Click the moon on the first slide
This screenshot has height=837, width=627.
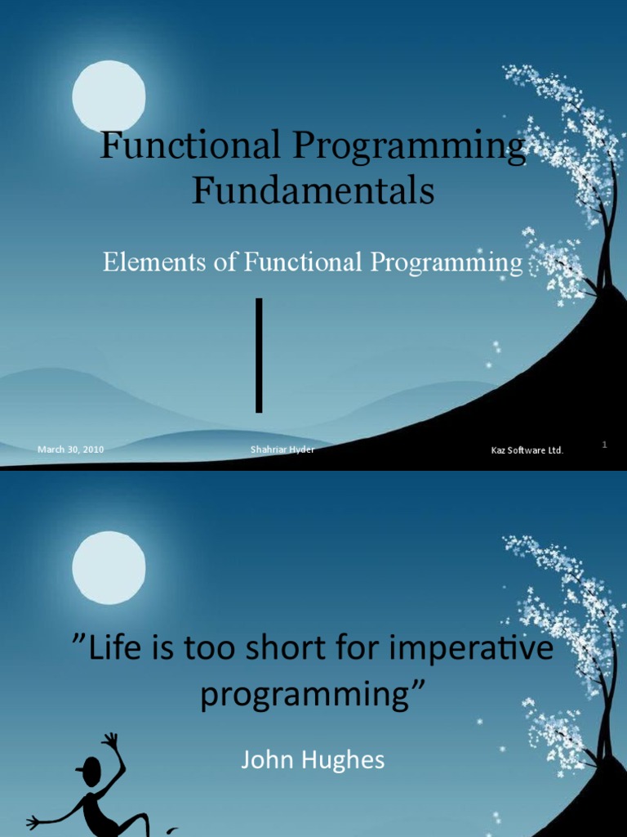tap(109, 96)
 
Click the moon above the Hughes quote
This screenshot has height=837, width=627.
tap(109, 567)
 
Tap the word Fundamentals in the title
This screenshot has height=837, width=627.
tap(313, 191)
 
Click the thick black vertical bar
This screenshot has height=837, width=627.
tap(259, 355)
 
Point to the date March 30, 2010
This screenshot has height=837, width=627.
tap(70, 449)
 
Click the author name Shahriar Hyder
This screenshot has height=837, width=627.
tap(282, 449)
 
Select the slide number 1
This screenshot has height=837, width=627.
tap(605, 444)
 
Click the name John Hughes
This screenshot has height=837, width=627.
tap(313, 761)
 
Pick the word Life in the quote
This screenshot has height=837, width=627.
tap(109, 651)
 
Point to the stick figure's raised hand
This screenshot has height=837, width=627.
tap(111, 739)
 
